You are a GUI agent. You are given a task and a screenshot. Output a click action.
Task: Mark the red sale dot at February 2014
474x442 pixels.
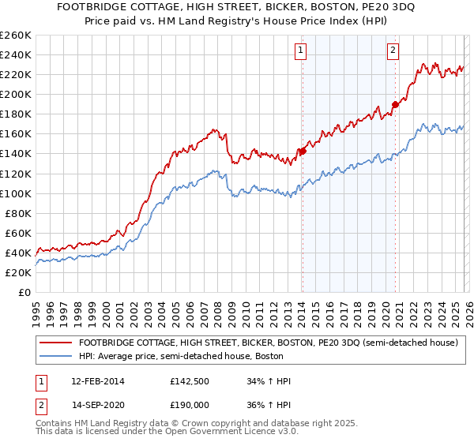(303, 151)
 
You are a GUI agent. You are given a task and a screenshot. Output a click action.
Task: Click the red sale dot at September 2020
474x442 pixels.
(395, 103)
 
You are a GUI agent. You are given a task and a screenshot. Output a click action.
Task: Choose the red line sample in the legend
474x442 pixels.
(55, 343)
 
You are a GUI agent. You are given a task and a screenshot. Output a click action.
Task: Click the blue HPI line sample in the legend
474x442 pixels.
(55, 356)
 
